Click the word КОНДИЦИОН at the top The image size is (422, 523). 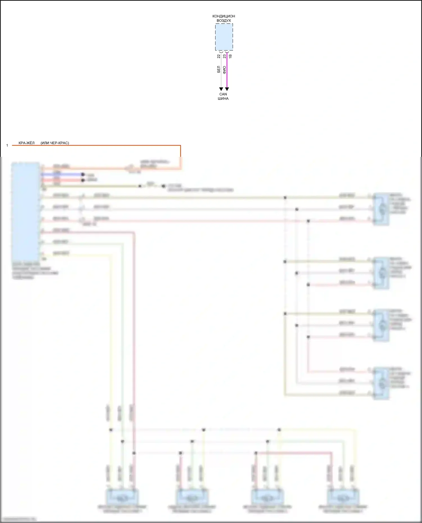click(x=224, y=16)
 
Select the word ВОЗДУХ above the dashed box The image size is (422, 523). click(x=224, y=21)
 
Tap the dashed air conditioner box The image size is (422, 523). click(x=224, y=37)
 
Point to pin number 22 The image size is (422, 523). click(x=219, y=56)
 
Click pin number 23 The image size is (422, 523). click(x=225, y=56)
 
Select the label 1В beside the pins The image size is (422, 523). click(x=230, y=56)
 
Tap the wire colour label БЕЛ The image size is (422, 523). click(x=219, y=70)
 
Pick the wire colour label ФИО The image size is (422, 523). click(x=225, y=70)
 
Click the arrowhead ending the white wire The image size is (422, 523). click(x=221, y=89)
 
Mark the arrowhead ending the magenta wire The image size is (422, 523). click(x=227, y=89)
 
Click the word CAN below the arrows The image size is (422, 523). click(x=223, y=94)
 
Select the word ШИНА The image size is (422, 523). click(x=223, y=99)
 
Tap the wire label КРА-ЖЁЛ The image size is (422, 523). click(x=26, y=143)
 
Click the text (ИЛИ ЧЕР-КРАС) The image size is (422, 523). click(x=55, y=143)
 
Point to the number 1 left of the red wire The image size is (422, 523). click(x=7, y=146)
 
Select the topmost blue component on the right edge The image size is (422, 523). click(x=381, y=209)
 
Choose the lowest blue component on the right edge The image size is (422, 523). click(x=381, y=383)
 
